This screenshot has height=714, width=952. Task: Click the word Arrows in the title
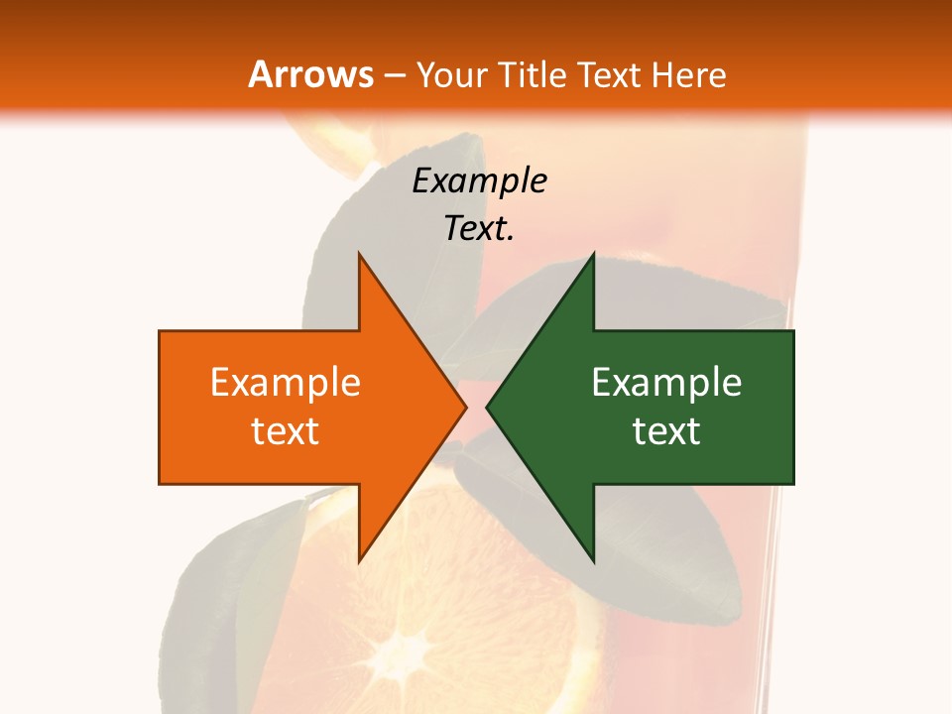[x=310, y=74]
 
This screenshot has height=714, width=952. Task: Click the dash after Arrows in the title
[x=395, y=75]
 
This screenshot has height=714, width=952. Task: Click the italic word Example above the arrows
[x=479, y=180]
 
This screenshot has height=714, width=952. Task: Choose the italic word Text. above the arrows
[x=479, y=228]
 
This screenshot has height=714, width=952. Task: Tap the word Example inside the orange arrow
[x=286, y=383]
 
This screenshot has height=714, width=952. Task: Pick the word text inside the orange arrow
[x=286, y=431]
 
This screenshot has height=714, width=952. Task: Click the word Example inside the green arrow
[x=666, y=383]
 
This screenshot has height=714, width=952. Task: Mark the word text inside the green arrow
[x=666, y=431]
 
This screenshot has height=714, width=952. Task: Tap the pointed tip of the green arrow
[x=489, y=407]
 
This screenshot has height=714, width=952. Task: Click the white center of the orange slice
[x=407, y=654]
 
